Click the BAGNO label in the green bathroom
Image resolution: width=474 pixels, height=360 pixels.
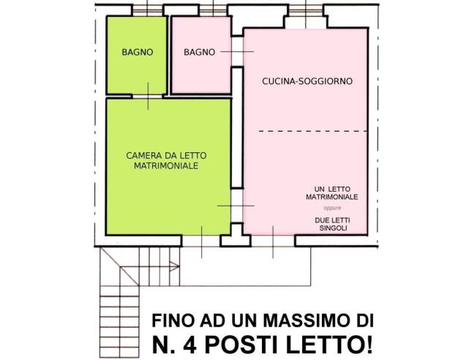[x=137, y=52]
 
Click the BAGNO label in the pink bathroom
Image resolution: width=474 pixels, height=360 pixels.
[x=199, y=52]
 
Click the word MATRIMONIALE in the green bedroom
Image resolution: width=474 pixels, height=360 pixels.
[x=166, y=166]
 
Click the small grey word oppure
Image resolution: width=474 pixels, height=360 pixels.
[x=332, y=208]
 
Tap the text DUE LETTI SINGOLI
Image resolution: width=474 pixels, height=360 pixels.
[x=332, y=224]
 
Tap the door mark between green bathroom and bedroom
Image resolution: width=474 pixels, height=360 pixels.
[x=148, y=95]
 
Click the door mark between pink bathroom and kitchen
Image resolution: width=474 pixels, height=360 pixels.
[x=237, y=52]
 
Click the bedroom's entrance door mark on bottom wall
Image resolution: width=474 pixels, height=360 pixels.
[x=202, y=241]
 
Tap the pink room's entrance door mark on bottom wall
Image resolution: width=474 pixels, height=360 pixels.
[x=272, y=241]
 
